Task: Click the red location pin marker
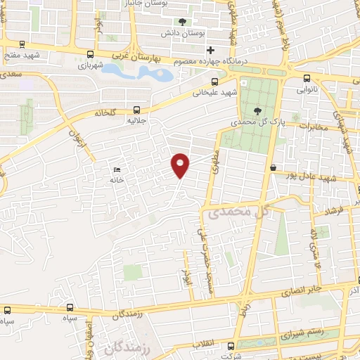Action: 181,164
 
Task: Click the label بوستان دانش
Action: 194,34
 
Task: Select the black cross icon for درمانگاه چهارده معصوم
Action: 210,50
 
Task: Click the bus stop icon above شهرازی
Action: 89,55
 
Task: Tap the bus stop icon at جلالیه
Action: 136,110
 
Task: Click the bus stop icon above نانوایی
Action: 307,79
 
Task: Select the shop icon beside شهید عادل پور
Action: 273,167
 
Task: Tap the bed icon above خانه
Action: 117,169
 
